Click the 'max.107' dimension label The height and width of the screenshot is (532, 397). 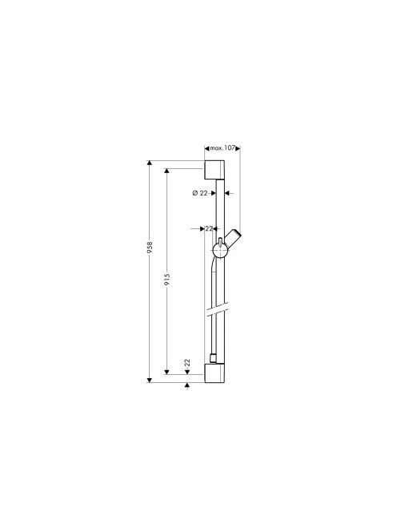click(223, 148)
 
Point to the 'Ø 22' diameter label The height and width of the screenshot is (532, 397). click(199, 193)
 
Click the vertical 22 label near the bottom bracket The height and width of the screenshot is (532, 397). click(187, 363)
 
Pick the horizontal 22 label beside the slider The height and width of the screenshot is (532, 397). click(209, 228)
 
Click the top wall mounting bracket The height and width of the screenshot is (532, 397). click(215, 169)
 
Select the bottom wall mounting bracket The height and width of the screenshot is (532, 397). click(215, 373)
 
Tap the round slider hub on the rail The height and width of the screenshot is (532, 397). click(220, 251)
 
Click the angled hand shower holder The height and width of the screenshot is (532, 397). click(233, 239)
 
